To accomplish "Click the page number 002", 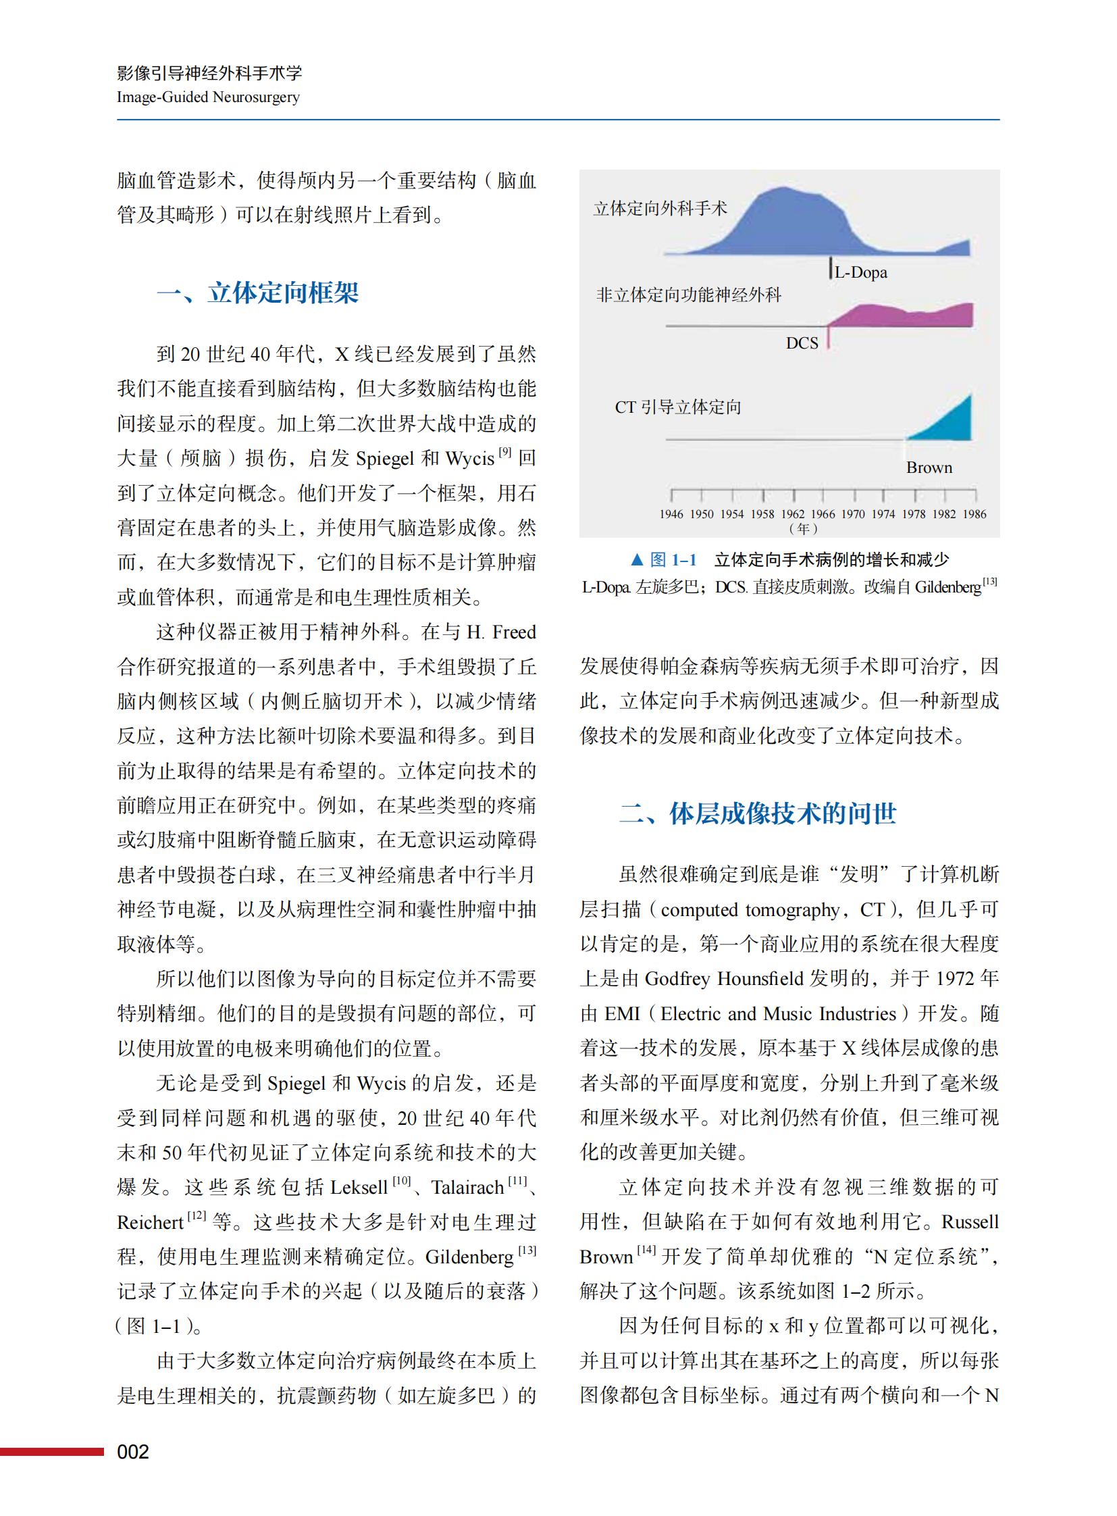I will [x=132, y=1452].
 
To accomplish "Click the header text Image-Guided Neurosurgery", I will [x=207, y=97].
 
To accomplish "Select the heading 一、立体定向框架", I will [x=257, y=293].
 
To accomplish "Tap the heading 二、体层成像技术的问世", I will [x=758, y=813].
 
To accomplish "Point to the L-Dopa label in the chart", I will [x=861, y=273].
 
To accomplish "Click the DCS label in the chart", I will [x=802, y=344].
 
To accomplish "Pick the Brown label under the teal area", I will [x=929, y=468].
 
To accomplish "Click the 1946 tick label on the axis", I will [x=671, y=514].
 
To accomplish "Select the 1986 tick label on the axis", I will [x=975, y=514].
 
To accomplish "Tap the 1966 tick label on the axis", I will [x=823, y=514].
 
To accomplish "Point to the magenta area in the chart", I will [x=900, y=316].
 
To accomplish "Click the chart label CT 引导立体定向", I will [x=677, y=407].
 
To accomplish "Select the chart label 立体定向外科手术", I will [x=660, y=208].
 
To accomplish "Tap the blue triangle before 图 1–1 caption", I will [x=636, y=559].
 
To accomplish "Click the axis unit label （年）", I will [x=803, y=528].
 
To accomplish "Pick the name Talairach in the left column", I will [x=467, y=1187].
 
